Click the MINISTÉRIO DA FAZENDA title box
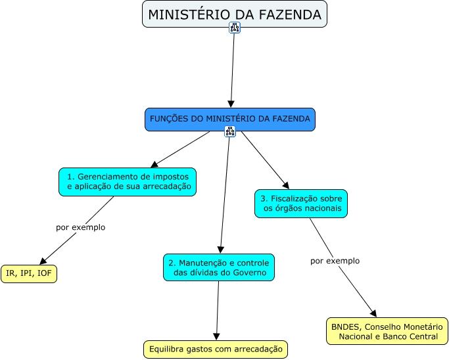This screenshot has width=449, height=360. click(234, 14)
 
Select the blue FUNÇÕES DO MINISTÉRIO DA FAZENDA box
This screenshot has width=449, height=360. click(229, 118)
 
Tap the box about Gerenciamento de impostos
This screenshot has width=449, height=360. click(128, 182)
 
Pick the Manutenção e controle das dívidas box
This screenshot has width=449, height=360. click(218, 267)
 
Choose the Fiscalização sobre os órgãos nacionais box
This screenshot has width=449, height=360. click(300, 203)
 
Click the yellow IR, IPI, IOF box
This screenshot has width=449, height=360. click(29, 273)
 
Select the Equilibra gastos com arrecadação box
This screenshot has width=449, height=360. click(216, 349)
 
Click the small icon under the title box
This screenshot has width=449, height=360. click(235, 27)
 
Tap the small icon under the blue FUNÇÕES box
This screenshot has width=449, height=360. click(229, 131)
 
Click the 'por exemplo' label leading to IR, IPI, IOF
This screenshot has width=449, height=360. click(80, 227)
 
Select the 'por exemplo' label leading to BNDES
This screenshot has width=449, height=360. click(335, 261)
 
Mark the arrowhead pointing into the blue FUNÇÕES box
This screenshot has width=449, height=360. click(231, 104)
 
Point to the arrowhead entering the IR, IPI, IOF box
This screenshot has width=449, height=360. click(45, 261)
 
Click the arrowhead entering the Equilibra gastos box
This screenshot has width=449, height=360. click(216, 336)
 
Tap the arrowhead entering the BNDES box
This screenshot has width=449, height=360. click(374, 313)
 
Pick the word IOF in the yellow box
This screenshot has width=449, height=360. click(45, 273)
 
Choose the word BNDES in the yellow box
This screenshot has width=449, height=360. click(345, 326)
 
